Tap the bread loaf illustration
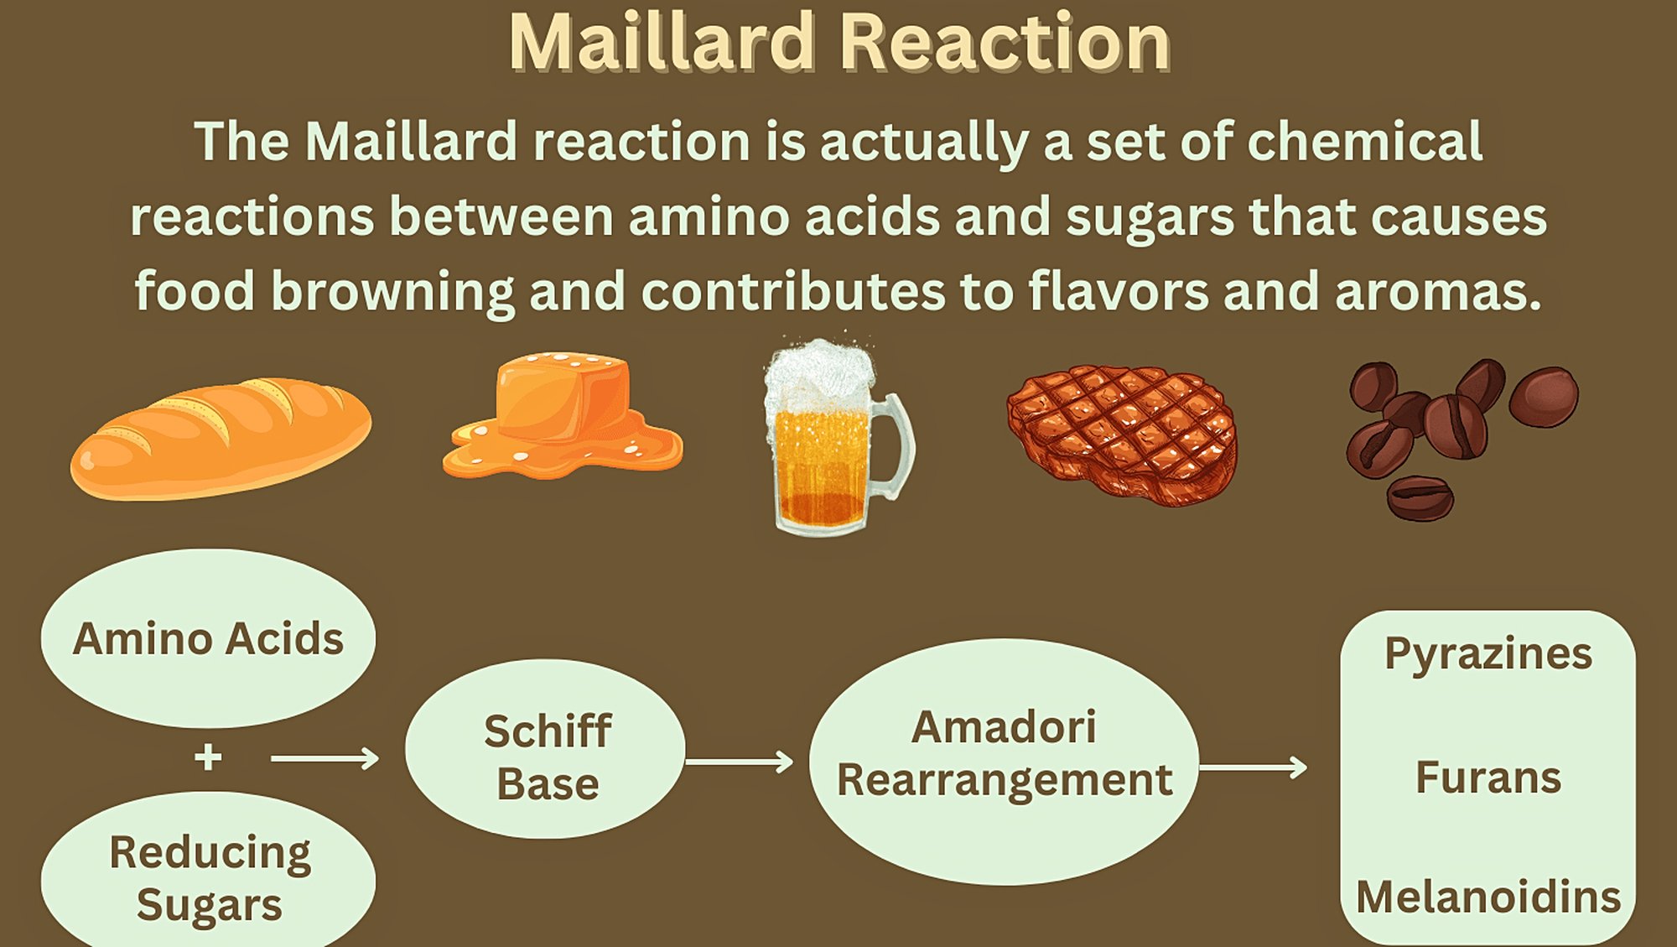221,438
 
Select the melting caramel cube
563,415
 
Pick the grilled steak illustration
1123,434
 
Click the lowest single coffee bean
1420,498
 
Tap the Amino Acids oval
208,638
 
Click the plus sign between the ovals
208,757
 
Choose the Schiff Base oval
545,749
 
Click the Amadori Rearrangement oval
1004,762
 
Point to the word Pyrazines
1488,654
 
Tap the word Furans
1488,777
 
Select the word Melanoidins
1488,897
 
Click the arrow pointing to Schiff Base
324,759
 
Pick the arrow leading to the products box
1254,767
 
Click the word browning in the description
392,292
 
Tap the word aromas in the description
1438,292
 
